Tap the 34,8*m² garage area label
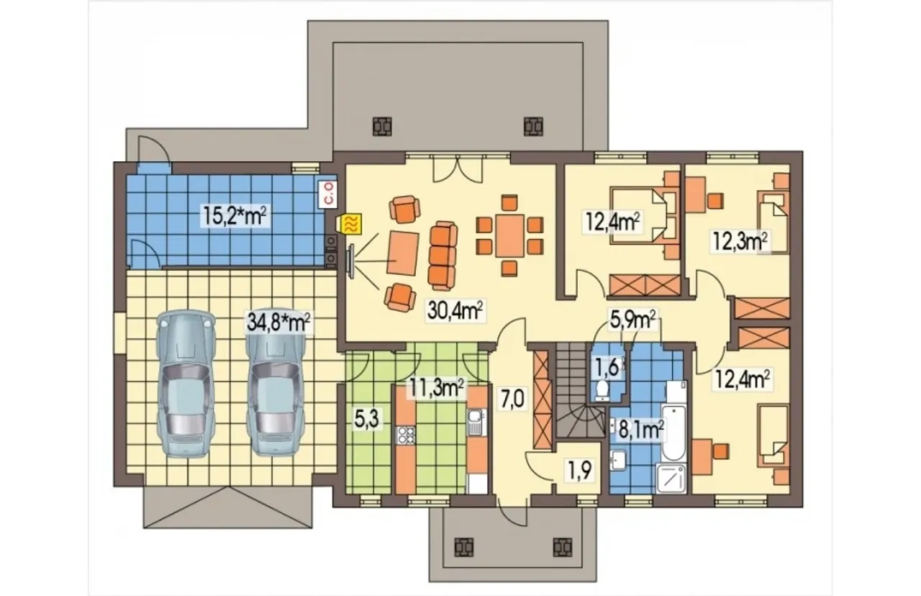(278, 322)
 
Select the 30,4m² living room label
(455, 310)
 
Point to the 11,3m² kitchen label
(436, 388)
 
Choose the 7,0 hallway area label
(513, 399)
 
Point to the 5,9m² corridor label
(632, 320)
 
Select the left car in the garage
(186, 383)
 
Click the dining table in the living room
(509, 235)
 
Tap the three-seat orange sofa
(443, 256)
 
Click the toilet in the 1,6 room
(602, 390)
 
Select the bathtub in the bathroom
(673, 433)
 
